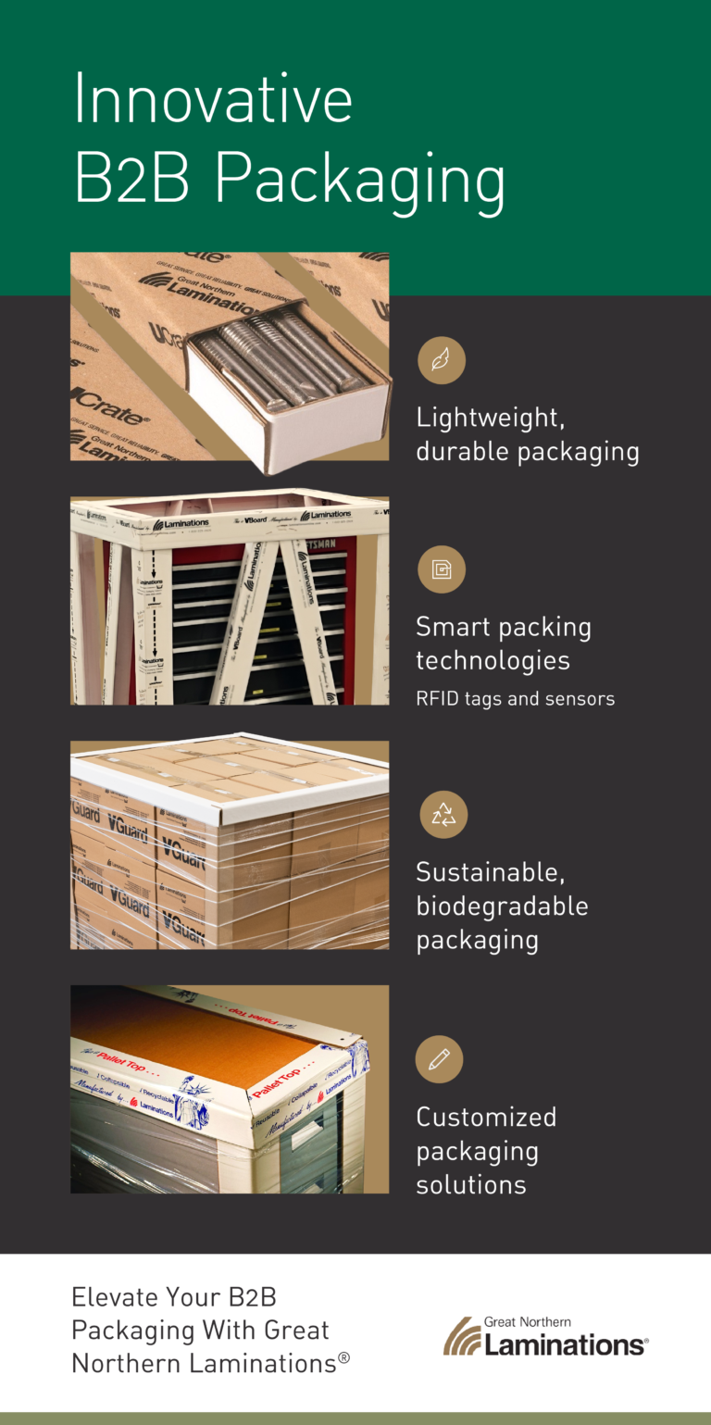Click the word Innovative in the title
213,99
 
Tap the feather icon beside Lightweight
442,360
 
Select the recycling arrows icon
443,815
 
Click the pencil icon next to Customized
440,1059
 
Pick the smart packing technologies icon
442,569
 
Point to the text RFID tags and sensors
515,699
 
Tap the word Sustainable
490,872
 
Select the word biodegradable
502,906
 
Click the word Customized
486,1117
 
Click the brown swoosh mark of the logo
461,1337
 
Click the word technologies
493,661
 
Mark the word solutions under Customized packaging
470,1185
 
